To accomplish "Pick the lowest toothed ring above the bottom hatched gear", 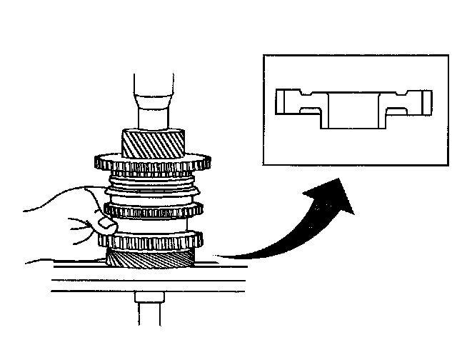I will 151,239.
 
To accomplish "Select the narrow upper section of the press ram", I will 152,84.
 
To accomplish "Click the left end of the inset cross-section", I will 284,102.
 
